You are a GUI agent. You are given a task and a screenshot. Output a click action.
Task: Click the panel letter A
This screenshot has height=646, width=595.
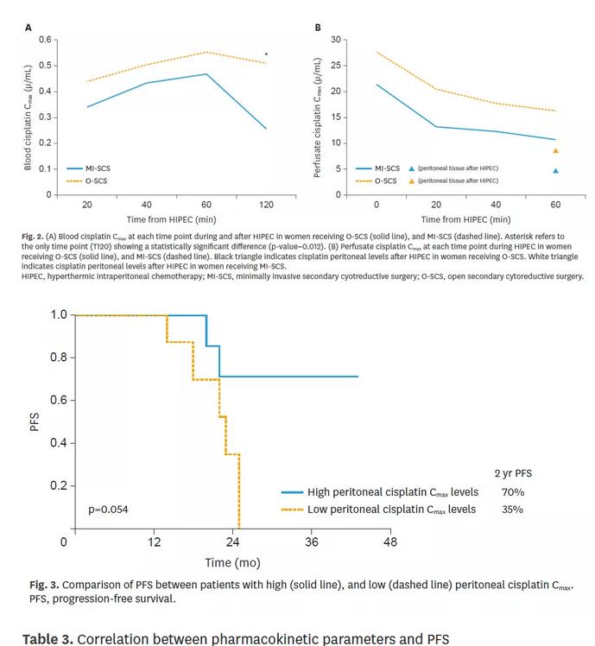[28, 28]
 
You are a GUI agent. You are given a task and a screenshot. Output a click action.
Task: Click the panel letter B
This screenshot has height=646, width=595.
[318, 28]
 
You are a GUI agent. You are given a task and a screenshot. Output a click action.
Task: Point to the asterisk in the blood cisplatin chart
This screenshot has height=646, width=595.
[266, 54]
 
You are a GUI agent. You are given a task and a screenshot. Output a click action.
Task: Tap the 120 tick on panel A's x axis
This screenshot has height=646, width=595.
[265, 205]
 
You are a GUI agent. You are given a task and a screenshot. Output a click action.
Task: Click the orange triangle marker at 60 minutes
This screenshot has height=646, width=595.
[555, 150]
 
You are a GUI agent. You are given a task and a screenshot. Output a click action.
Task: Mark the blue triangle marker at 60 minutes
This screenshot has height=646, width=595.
[555, 170]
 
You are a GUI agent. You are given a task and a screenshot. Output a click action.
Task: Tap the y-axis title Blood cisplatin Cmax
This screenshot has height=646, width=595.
[28, 117]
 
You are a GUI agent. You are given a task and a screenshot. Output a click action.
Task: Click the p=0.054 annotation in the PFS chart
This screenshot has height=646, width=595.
[108, 510]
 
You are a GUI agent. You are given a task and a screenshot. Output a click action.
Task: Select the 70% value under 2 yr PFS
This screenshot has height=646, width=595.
[513, 492]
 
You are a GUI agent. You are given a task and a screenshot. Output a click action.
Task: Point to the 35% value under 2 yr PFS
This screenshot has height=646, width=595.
[513, 510]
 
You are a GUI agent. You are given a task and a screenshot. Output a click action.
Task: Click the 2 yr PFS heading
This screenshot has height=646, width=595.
[513, 473]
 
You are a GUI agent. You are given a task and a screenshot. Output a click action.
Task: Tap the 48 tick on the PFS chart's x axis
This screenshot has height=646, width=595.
[390, 542]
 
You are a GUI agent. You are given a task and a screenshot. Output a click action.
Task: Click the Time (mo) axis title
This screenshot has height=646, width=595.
[232, 563]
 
